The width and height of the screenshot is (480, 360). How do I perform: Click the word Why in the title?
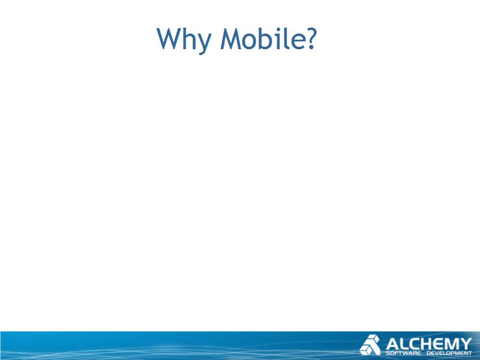coord(184,39)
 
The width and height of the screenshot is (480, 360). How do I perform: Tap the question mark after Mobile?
coord(311,38)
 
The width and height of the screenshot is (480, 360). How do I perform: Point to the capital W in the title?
coord(170,38)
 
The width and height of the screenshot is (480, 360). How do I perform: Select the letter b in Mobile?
coord(265,38)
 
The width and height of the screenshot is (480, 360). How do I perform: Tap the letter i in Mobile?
coord(277,38)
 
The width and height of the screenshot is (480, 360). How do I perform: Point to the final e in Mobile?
coord(298,41)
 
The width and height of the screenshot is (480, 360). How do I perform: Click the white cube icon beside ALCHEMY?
coord(370,344)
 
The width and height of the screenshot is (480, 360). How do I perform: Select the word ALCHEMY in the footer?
coord(428,344)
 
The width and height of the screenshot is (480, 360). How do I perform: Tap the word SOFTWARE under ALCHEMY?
coord(403,353)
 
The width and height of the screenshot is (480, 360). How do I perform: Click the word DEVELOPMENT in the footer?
coord(449,353)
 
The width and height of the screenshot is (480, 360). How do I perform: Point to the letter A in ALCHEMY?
coord(392,344)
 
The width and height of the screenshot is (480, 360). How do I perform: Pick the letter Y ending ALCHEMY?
coord(466,344)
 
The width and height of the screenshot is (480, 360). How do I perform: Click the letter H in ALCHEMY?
coord(427,344)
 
